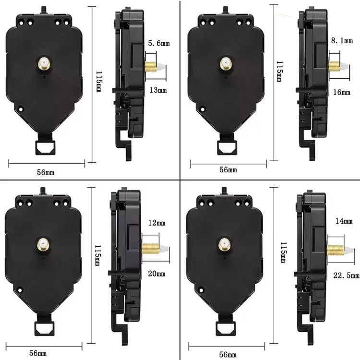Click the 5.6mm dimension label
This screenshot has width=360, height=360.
coord(159,43)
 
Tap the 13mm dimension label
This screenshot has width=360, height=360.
coord(158,90)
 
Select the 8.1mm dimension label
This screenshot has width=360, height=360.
coord(342,41)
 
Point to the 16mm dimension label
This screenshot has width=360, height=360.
coord(342,92)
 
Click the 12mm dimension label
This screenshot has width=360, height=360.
coord(157,223)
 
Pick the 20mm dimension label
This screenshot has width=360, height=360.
coord(156,274)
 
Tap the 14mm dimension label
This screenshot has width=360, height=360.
coord(344,221)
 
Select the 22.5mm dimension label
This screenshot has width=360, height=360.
coord(346,276)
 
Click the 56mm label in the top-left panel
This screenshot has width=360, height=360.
coord(46,172)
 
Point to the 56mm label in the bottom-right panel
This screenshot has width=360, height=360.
coord(228,354)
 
